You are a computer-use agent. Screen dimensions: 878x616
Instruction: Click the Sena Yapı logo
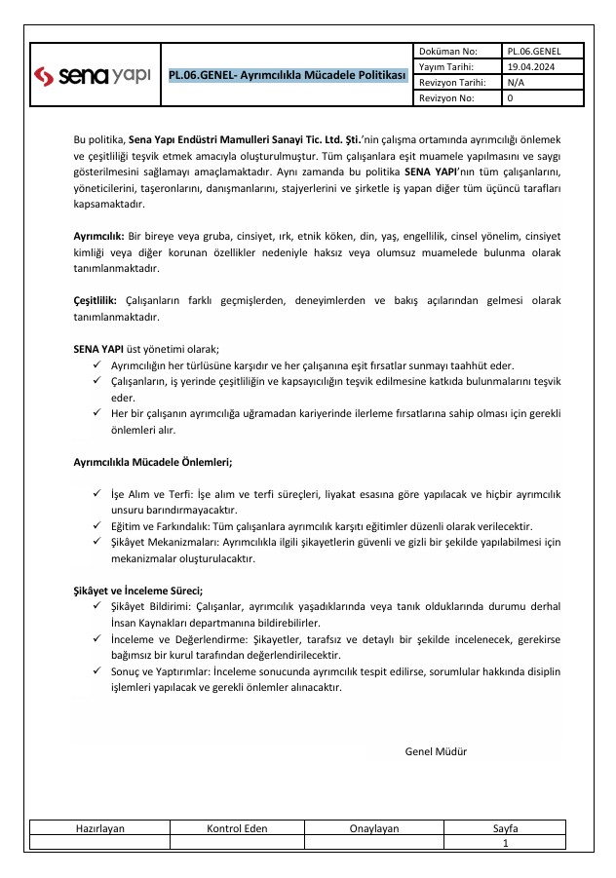coord(93,75)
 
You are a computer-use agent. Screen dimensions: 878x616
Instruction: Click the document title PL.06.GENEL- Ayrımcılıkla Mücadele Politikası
coord(287,75)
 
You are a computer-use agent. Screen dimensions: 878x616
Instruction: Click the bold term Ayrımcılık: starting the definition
coord(98,237)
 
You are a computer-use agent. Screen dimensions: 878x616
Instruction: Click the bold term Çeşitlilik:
coord(96,300)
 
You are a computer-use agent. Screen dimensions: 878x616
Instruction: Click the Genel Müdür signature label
coord(436,751)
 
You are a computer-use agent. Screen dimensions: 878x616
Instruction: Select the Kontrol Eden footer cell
coord(238,828)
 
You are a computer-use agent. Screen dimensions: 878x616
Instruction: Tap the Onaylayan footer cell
coord(374,828)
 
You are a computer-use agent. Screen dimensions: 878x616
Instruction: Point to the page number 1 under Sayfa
coord(505,843)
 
